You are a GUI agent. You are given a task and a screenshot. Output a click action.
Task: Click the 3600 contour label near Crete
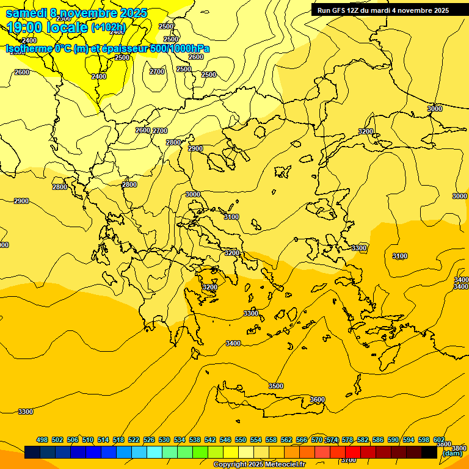click(x=317, y=399)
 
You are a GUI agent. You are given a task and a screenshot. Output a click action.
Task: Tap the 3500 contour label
click(x=276, y=386)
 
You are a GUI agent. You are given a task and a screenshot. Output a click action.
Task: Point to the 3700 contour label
click(x=348, y=460)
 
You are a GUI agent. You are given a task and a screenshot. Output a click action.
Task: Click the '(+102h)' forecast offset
click(x=108, y=27)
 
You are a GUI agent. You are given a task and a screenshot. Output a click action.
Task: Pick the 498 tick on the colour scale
click(x=42, y=440)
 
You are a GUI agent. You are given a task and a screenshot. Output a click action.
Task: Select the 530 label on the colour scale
click(x=164, y=440)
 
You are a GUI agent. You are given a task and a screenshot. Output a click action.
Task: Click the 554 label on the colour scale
click(x=256, y=440)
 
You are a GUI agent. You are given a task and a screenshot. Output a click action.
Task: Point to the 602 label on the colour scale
click(x=439, y=440)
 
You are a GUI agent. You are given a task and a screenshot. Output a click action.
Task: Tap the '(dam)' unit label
click(x=453, y=453)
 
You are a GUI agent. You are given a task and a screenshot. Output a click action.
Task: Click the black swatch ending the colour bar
click(x=429, y=453)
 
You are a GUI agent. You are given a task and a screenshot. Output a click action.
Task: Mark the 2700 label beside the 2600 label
click(x=160, y=131)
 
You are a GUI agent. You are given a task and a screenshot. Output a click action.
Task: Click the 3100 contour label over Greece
click(x=231, y=217)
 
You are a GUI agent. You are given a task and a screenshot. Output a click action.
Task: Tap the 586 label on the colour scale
click(x=378, y=440)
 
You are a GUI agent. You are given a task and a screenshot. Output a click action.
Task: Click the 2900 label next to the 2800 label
click(x=195, y=148)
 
